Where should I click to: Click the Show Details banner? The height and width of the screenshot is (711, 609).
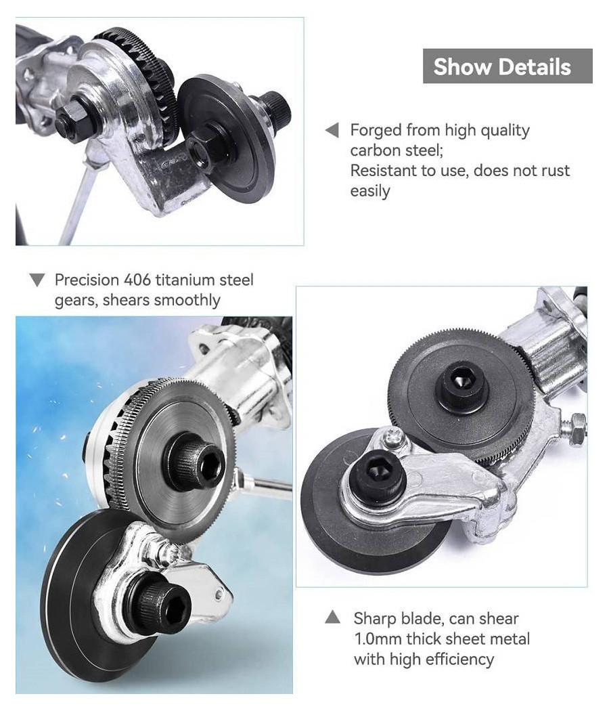point(507,66)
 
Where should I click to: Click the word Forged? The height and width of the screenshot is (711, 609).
point(376,130)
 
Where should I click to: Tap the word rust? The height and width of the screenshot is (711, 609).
point(554,171)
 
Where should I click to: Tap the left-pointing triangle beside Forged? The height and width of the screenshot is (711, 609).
point(332,130)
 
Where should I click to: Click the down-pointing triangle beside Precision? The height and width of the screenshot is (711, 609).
point(37,280)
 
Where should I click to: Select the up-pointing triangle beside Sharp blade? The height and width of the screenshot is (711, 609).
point(333,617)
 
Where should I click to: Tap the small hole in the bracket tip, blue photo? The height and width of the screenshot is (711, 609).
point(219,594)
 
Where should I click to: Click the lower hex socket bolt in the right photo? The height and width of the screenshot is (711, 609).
point(378,478)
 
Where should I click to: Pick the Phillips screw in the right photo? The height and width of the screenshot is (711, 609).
point(392,438)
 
